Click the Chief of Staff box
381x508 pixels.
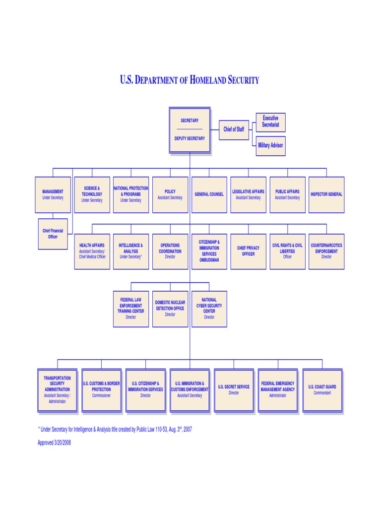point(234,129)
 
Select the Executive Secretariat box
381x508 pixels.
point(270,122)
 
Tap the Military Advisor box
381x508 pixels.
point(270,146)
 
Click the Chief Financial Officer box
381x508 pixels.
point(53,234)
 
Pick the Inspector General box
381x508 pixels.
point(326,194)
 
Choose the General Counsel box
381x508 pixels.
point(209,194)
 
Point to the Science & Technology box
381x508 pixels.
point(92,194)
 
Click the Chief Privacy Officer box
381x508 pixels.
point(248,251)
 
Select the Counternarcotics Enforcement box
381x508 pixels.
point(326,251)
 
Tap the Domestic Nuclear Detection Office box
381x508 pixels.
point(170,309)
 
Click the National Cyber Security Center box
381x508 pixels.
point(209,309)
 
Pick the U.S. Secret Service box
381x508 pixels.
point(234,390)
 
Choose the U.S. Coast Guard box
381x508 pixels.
point(322,390)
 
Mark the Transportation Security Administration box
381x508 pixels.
point(58,390)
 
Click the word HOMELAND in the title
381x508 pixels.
point(205,80)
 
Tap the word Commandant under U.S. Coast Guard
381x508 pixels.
point(322,393)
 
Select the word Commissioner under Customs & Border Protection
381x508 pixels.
point(101,396)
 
